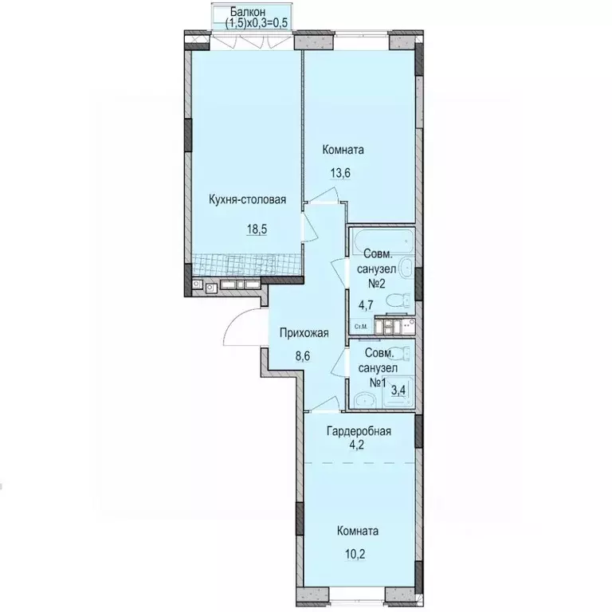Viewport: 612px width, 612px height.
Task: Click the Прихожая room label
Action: (304, 332)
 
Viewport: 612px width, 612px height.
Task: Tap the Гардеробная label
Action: (359, 432)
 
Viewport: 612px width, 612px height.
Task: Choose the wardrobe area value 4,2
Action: (359, 445)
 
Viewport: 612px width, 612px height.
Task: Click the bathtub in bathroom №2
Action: (382, 240)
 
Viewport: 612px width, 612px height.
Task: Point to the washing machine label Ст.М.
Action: (360, 326)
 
